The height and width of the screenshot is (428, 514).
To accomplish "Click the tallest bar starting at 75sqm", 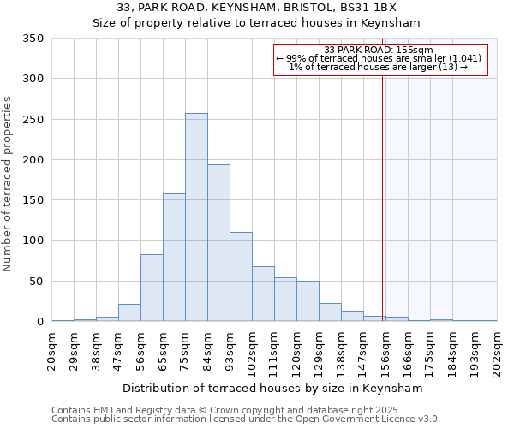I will coord(196,217).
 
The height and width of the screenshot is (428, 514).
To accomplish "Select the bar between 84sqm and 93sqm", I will coord(218,243).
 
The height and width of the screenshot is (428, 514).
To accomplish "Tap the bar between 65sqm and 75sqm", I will coord(174,258).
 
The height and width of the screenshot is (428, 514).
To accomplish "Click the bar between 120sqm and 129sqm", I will coord(308,301).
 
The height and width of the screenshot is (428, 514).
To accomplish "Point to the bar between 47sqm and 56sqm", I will coord(129,312).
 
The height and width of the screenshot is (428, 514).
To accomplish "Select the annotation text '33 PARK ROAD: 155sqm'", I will coord(380,50).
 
